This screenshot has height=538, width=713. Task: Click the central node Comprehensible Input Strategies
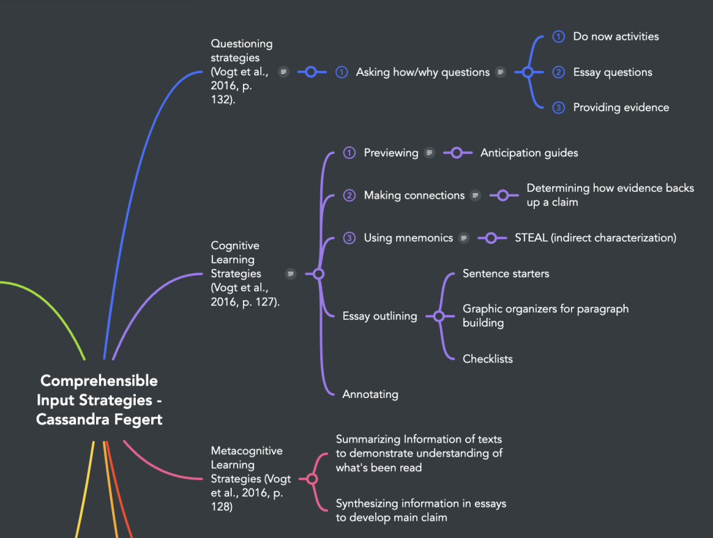tap(99, 400)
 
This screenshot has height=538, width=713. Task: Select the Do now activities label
tap(616, 36)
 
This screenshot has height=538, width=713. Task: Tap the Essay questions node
tap(612, 72)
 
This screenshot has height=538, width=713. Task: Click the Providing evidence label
tap(620, 107)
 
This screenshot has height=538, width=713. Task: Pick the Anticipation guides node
tap(529, 153)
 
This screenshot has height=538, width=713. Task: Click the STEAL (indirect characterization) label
tap(595, 238)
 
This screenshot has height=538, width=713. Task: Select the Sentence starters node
tap(506, 274)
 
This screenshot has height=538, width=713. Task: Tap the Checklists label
tap(487, 359)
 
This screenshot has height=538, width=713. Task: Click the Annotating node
tap(370, 394)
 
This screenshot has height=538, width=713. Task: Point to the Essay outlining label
tap(379, 316)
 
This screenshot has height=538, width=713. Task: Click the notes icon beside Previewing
tap(430, 153)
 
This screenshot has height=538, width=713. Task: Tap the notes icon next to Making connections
tap(476, 196)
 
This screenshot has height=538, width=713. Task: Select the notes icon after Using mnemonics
tap(464, 238)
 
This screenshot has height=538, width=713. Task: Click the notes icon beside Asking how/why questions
tap(501, 72)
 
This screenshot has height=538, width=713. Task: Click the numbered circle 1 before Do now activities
tap(558, 36)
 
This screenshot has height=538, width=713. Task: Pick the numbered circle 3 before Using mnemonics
tap(350, 238)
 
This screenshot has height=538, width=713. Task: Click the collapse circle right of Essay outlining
tap(439, 316)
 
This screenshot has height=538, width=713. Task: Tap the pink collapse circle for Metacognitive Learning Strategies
tap(312, 479)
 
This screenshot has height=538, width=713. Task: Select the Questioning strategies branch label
tap(242, 72)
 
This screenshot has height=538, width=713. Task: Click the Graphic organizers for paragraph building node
tap(545, 316)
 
